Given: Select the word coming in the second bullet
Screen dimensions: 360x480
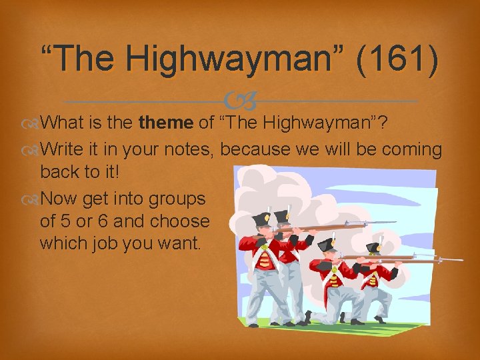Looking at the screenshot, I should tap(413, 150).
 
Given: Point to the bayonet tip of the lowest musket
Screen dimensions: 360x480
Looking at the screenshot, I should tap(460, 259).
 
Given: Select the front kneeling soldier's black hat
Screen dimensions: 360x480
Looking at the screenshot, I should tap(327, 244).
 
